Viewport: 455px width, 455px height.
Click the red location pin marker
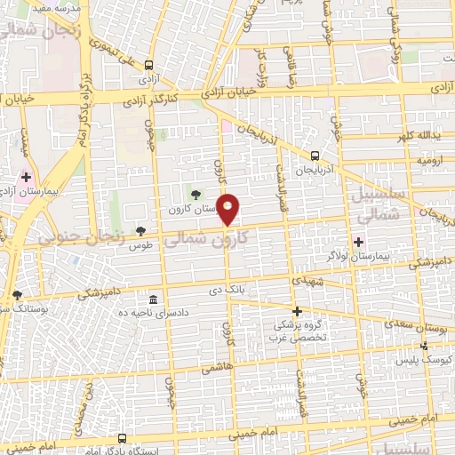pos(228,210)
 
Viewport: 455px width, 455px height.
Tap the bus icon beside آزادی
pos(148,65)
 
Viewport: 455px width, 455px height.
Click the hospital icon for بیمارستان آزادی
pos(26,178)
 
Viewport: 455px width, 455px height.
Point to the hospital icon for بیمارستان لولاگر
pos(359,241)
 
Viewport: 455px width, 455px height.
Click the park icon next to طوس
pos(140,231)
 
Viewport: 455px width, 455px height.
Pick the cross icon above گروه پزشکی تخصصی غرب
pos(298,311)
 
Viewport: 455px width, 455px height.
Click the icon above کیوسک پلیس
pos(424,347)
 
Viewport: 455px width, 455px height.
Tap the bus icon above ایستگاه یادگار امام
pos(122,438)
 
